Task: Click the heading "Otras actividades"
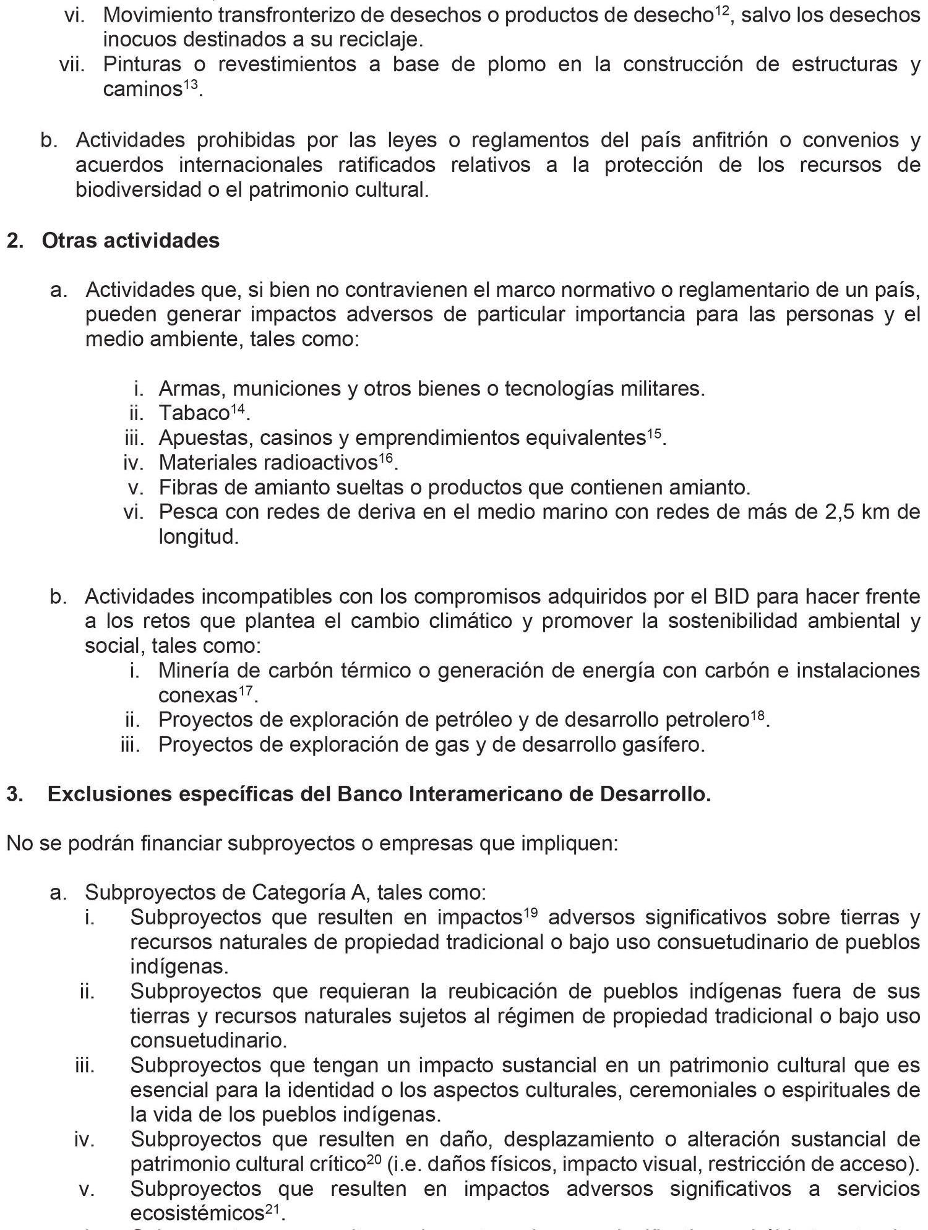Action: (x=131, y=240)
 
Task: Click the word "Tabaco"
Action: (x=194, y=413)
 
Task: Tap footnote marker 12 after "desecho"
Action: (x=721, y=11)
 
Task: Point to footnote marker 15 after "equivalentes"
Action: (x=654, y=433)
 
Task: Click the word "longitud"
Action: (x=198, y=536)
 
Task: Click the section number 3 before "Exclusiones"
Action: (x=12, y=794)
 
